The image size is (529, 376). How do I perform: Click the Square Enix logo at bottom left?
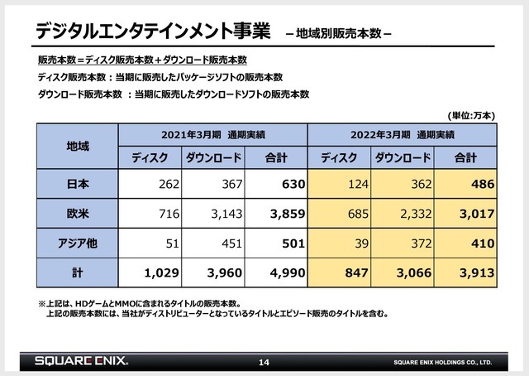coord(82,362)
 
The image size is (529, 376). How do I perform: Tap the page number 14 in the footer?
coord(264,363)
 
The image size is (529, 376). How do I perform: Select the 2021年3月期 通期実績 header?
coord(213,134)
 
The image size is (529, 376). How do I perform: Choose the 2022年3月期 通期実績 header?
coord(402,134)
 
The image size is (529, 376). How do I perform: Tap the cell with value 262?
coord(157,184)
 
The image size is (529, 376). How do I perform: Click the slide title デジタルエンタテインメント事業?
coord(154,31)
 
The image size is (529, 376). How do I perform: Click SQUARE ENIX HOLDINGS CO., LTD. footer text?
coord(443,364)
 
